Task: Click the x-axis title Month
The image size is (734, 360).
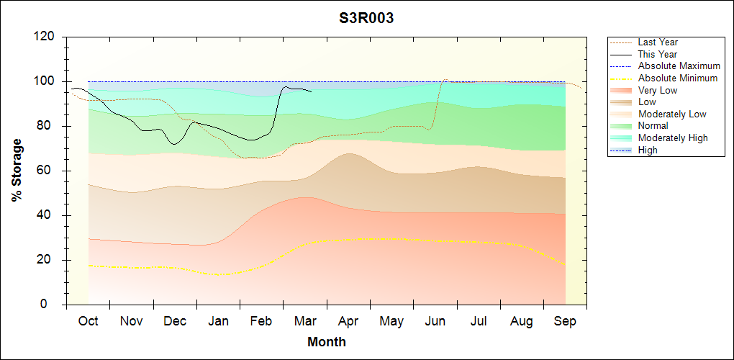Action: [x=327, y=342]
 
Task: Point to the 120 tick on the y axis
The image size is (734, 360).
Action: [x=47, y=37]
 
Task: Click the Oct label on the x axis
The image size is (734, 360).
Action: [x=89, y=321]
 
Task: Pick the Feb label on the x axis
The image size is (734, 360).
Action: [x=261, y=321]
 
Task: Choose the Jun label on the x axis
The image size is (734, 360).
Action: [x=435, y=321]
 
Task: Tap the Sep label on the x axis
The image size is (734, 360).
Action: [x=565, y=321]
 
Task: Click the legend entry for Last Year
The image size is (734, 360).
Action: [x=658, y=42]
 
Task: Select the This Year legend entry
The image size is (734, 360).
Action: [x=658, y=55]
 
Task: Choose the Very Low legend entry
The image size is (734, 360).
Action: [x=658, y=90]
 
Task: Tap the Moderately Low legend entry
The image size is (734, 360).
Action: [x=672, y=114]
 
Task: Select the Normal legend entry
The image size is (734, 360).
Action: [x=653, y=126]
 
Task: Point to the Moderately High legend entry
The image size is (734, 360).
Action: [x=673, y=138]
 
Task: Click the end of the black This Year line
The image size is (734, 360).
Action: [x=312, y=91]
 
